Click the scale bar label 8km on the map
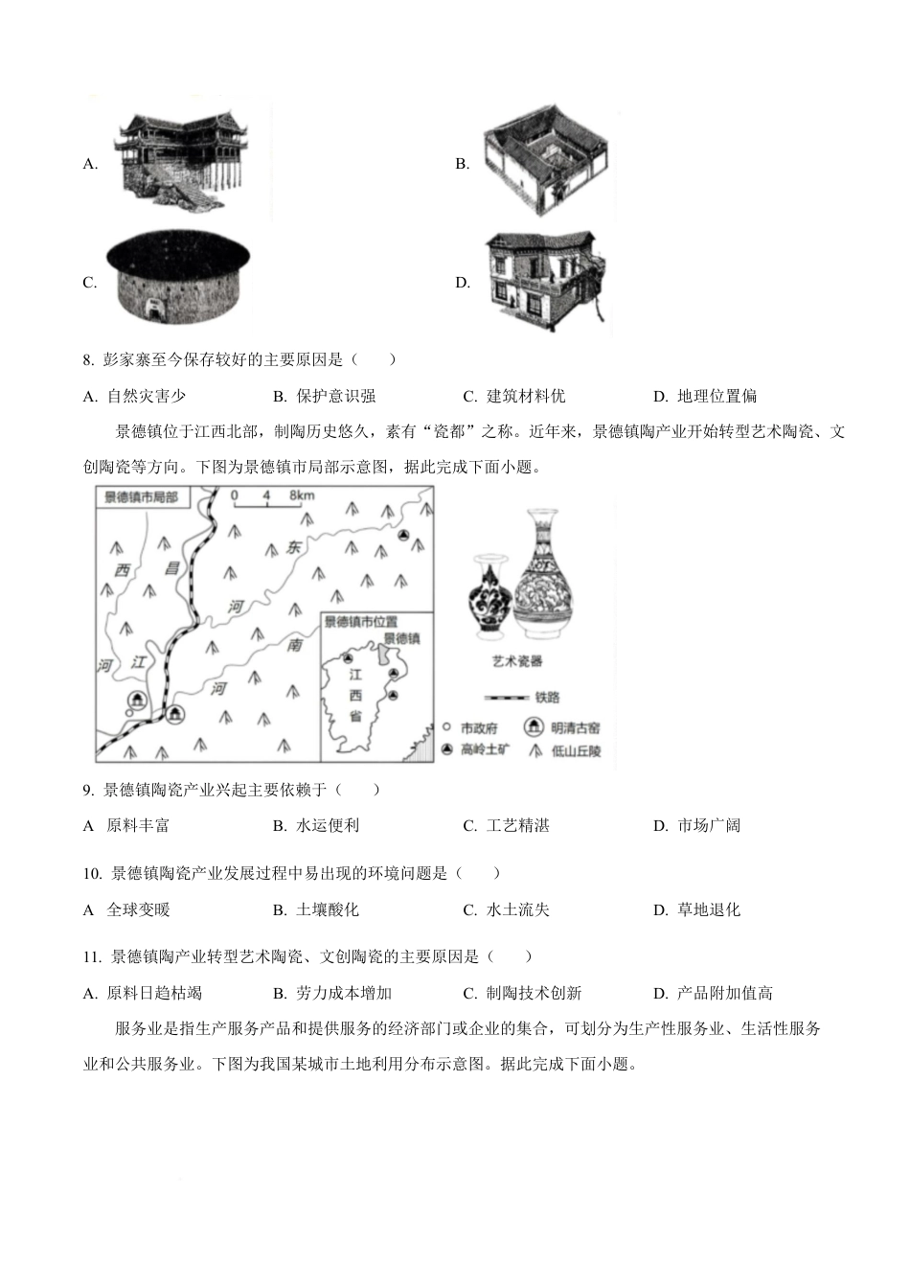coord(300,495)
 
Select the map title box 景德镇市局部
coord(141,497)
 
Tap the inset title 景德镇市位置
coord(360,621)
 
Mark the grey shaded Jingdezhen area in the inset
coord(385,655)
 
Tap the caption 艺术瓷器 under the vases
coord(517,661)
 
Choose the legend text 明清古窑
coord(576,729)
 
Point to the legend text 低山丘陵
coord(576,751)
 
